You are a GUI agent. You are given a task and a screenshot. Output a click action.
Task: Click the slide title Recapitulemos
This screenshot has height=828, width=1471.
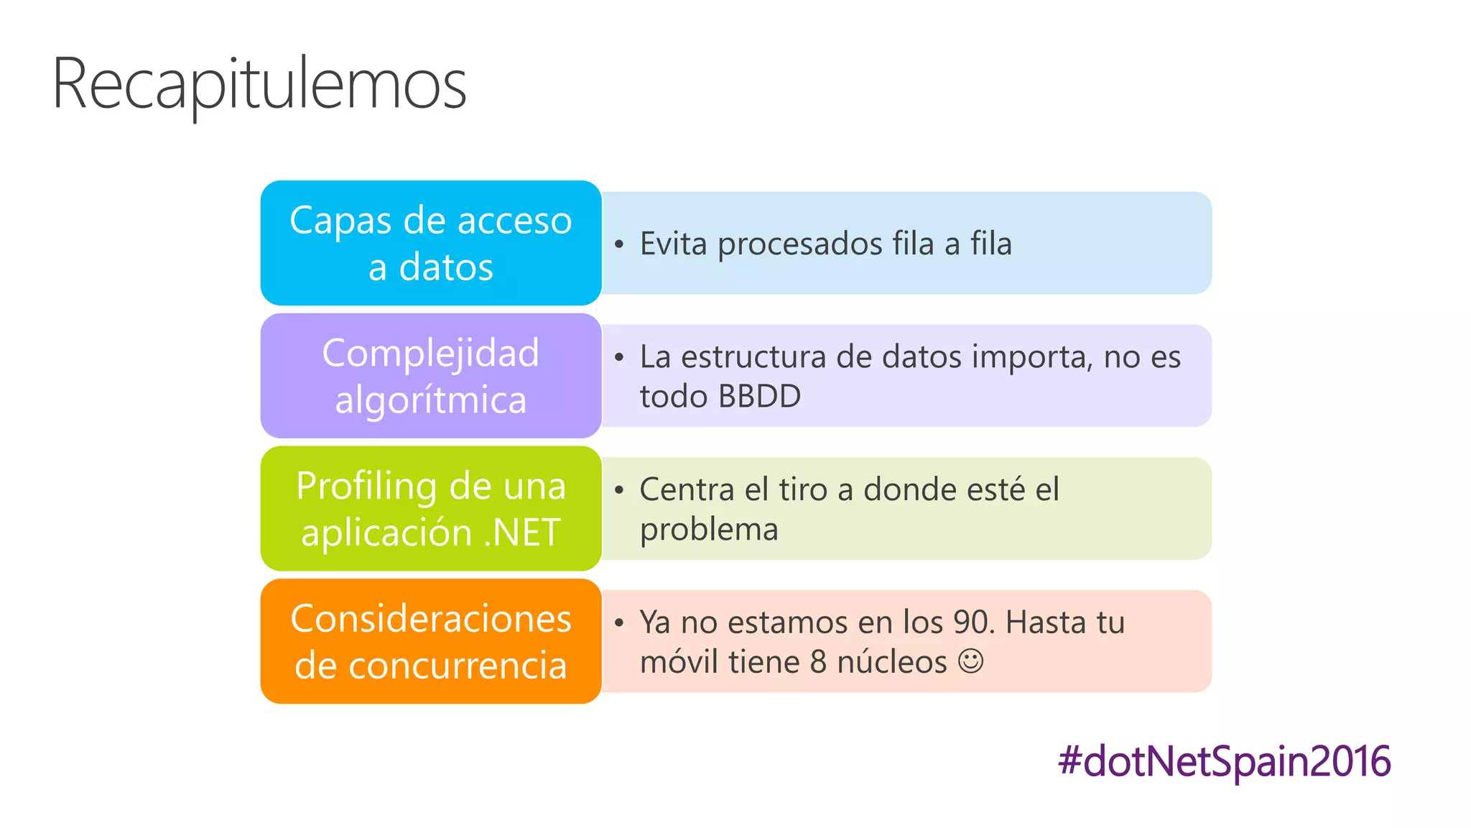[x=259, y=85]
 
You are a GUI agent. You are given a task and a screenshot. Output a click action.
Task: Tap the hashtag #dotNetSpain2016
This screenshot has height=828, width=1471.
[x=1224, y=761]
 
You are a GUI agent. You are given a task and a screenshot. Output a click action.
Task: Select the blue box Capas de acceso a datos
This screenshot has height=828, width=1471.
[x=430, y=243]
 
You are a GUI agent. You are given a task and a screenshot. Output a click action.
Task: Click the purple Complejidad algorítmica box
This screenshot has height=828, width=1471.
[x=430, y=376]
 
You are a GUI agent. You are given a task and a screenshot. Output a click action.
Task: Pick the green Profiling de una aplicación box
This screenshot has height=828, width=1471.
[x=430, y=509]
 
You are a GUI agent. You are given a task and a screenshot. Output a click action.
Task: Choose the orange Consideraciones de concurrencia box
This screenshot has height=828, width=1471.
[x=430, y=641]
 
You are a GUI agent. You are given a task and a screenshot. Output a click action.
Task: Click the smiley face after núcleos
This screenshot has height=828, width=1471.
[x=970, y=661]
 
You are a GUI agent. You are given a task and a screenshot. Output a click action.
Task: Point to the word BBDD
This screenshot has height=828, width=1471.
[x=759, y=396]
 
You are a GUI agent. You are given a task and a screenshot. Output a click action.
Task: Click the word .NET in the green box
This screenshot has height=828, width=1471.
[x=522, y=533]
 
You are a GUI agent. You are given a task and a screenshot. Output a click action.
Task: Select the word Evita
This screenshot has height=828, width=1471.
[x=674, y=244]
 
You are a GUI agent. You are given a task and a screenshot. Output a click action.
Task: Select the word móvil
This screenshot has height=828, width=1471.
[x=679, y=662]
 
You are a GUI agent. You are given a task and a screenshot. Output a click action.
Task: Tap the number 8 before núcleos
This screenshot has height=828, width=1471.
[x=818, y=662]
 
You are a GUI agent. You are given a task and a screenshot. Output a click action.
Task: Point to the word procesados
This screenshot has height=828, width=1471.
[x=800, y=244]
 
